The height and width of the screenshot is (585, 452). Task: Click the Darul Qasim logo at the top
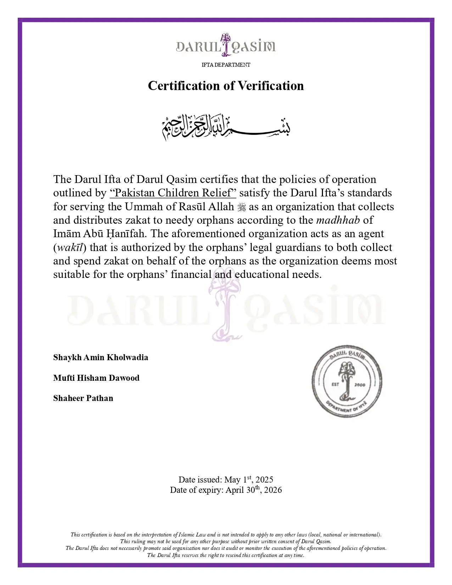[x=226, y=46]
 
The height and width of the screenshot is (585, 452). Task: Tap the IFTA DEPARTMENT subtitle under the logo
[x=226, y=65]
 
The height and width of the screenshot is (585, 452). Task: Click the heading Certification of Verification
[x=226, y=86]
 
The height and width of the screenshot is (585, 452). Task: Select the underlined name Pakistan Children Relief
[x=173, y=193]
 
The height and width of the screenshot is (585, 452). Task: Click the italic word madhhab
[x=338, y=220]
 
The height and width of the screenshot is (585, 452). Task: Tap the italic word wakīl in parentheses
[x=70, y=247]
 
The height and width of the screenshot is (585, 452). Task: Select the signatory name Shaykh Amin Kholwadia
[x=101, y=357]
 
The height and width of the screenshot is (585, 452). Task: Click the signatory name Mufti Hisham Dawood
[x=96, y=378]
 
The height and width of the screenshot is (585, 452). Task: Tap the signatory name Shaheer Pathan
[x=83, y=398]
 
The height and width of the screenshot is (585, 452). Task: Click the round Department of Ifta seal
[x=347, y=382]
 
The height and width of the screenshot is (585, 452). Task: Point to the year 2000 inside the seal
[x=359, y=385]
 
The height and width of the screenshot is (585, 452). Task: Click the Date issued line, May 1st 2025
[x=226, y=480]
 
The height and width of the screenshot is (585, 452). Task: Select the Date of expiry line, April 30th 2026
[x=226, y=490]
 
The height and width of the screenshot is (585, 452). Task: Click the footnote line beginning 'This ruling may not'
[x=226, y=541]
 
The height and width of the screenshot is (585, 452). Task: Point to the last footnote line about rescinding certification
[x=226, y=555]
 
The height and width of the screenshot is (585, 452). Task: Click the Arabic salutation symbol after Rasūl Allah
[x=241, y=207]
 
